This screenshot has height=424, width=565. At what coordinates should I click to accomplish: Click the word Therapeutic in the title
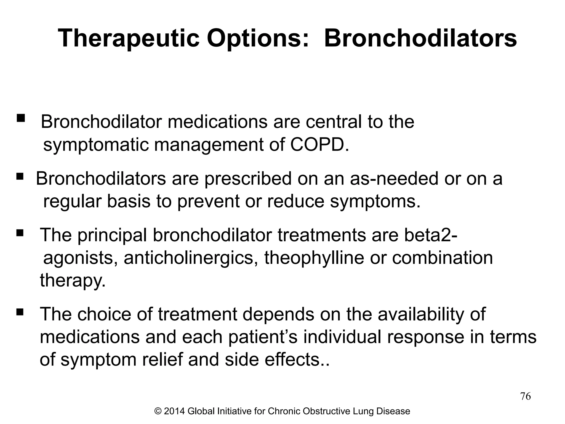(129, 39)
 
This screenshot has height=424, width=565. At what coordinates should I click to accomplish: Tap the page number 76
(525, 396)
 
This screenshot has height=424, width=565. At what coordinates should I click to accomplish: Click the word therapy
(73, 280)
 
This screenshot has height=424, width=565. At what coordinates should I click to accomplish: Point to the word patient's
(263, 337)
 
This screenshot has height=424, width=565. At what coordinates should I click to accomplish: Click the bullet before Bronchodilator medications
(21, 118)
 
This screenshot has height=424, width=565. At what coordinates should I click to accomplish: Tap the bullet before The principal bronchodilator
(20, 234)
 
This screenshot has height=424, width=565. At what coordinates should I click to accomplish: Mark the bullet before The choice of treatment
(20, 313)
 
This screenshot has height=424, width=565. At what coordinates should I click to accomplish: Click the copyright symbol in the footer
(158, 411)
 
